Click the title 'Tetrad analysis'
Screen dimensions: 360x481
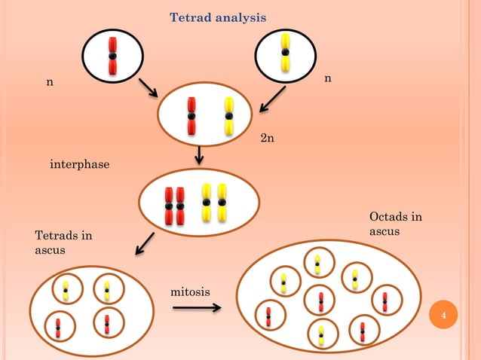point(218,17)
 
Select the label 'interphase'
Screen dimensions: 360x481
point(79,164)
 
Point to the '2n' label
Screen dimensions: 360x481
point(267,139)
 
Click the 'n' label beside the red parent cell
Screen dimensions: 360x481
point(50,81)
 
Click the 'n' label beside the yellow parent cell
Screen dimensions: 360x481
point(327,78)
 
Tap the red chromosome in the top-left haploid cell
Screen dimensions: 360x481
point(112,56)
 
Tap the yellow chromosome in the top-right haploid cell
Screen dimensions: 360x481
point(285,52)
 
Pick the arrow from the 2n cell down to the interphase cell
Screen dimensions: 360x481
point(199,154)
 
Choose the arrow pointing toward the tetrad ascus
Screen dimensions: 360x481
point(145,245)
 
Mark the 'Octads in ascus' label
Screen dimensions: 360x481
point(395,224)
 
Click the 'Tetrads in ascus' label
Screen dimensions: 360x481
point(63,242)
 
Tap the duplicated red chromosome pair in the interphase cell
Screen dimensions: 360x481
point(175,205)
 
